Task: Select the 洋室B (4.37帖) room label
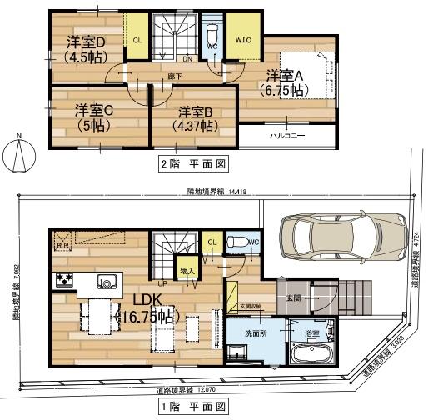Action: [x=195, y=117]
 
